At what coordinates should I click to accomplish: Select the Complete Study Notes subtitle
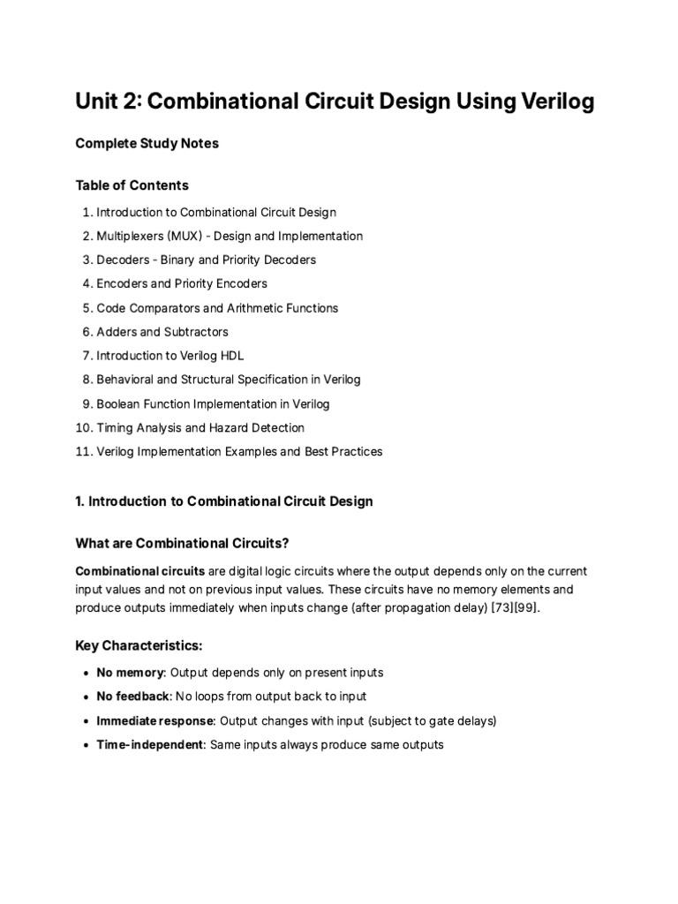(x=147, y=143)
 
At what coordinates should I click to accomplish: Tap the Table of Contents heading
(x=132, y=185)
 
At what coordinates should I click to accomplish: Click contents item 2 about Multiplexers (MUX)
(x=229, y=237)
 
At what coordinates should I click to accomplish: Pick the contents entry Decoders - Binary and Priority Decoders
(x=206, y=260)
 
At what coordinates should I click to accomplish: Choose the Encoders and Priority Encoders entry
(x=182, y=284)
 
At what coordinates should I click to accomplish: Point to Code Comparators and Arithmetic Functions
(x=217, y=308)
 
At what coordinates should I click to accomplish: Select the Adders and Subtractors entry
(x=162, y=332)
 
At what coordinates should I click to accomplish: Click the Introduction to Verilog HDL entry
(x=169, y=356)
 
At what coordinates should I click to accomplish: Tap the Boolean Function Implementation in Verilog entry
(x=213, y=404)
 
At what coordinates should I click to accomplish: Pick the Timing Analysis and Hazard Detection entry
(x=200, y=428)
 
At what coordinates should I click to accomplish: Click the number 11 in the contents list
(x=84, y=452)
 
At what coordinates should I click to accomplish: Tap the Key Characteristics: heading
(x=139, y=646)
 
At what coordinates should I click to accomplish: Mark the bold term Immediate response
(x=155, y=720)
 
